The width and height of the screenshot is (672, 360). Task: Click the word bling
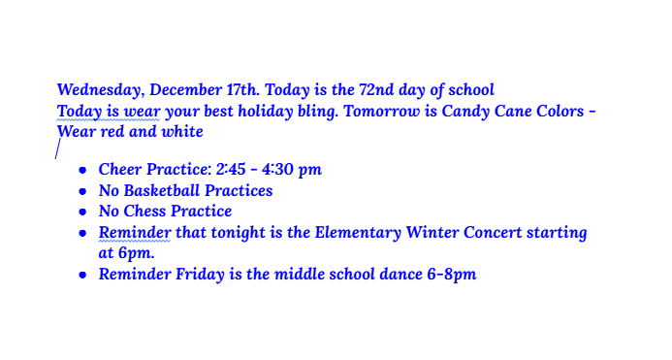pos(318,111)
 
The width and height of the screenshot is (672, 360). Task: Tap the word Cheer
pos(120,170)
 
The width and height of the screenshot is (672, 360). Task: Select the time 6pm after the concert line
pos(136,253)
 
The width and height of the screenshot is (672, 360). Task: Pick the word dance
pos(401,275)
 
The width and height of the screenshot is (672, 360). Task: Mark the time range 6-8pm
pos(452,275)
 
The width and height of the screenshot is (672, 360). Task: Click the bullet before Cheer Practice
pos(83,171)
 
